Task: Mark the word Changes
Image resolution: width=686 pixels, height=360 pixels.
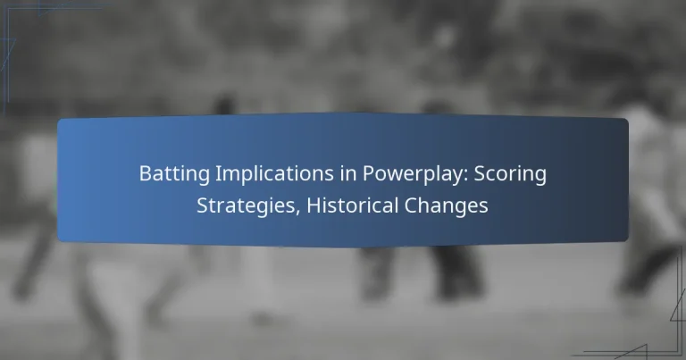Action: [445, 205]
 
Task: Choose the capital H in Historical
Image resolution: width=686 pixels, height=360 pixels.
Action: [295, 205]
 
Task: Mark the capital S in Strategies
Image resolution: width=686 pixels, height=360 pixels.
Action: [202, 205]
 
